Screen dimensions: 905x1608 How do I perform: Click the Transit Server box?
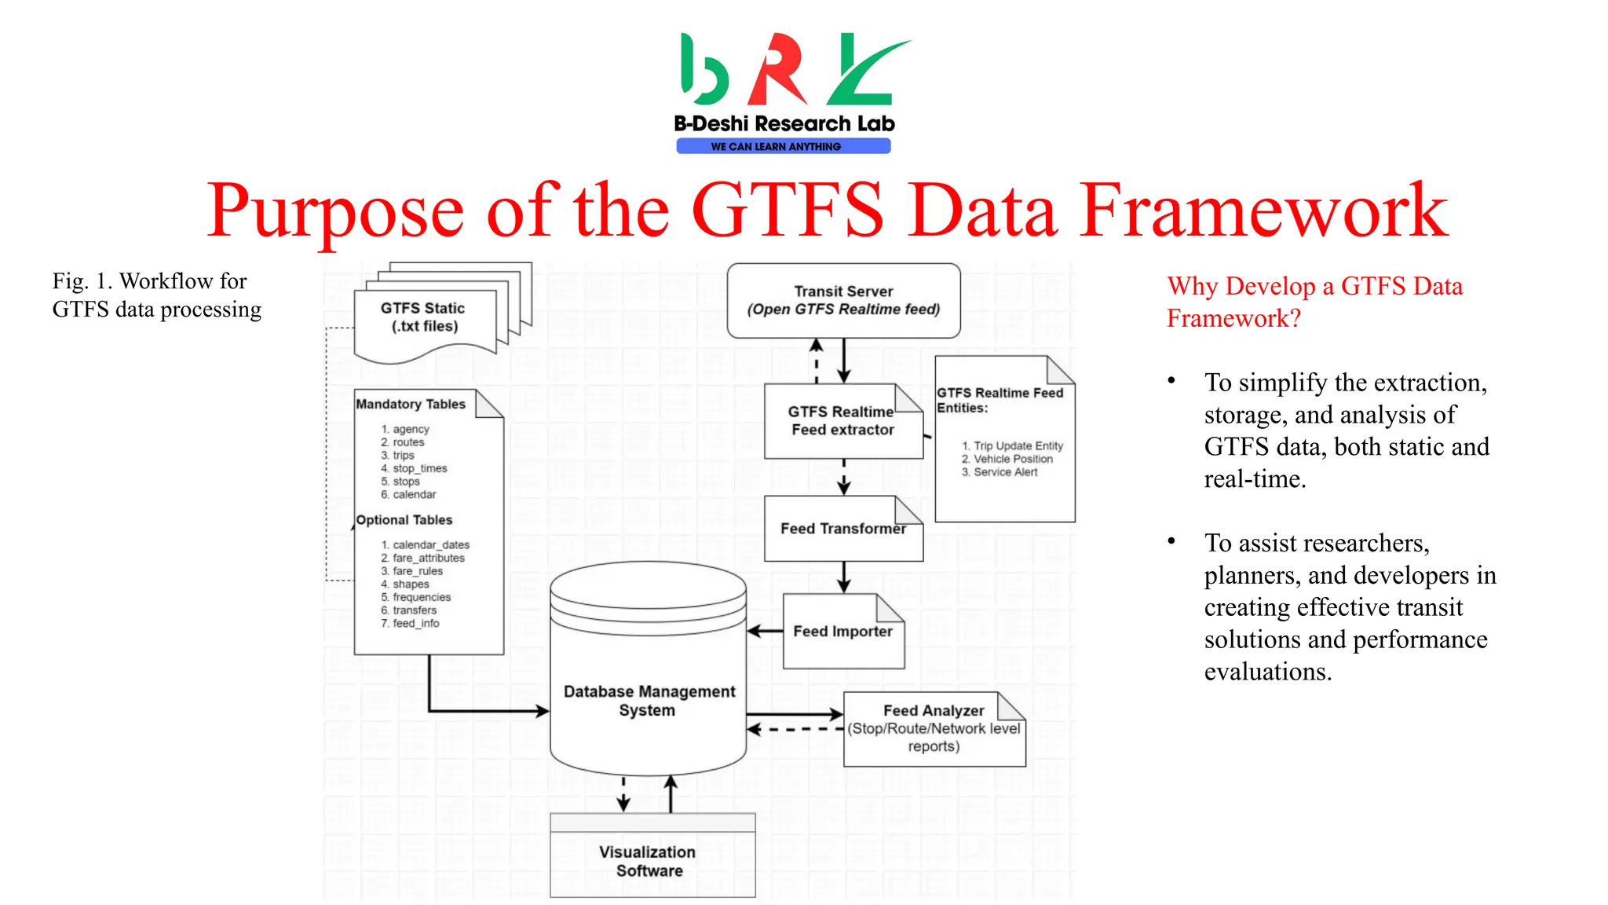843,300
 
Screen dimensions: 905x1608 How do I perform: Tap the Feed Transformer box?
842,529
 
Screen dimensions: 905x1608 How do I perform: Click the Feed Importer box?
842,632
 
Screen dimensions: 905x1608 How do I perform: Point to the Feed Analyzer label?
933,711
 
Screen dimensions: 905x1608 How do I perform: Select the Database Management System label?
649,701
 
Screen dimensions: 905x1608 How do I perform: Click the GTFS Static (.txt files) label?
424,317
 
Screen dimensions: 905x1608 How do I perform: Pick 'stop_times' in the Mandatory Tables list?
420,469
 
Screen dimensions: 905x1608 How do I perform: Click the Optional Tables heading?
404,520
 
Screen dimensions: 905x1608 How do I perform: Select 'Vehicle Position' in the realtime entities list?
1013,460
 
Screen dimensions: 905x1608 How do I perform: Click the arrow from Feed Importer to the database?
765,631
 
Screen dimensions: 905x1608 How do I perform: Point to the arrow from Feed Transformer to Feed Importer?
843,577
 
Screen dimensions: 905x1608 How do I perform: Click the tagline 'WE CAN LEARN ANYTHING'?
776,147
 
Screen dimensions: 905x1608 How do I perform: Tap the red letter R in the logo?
777,71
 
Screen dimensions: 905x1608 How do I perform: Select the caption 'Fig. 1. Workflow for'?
149,281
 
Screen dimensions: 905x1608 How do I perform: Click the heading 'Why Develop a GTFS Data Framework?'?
1314,302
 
